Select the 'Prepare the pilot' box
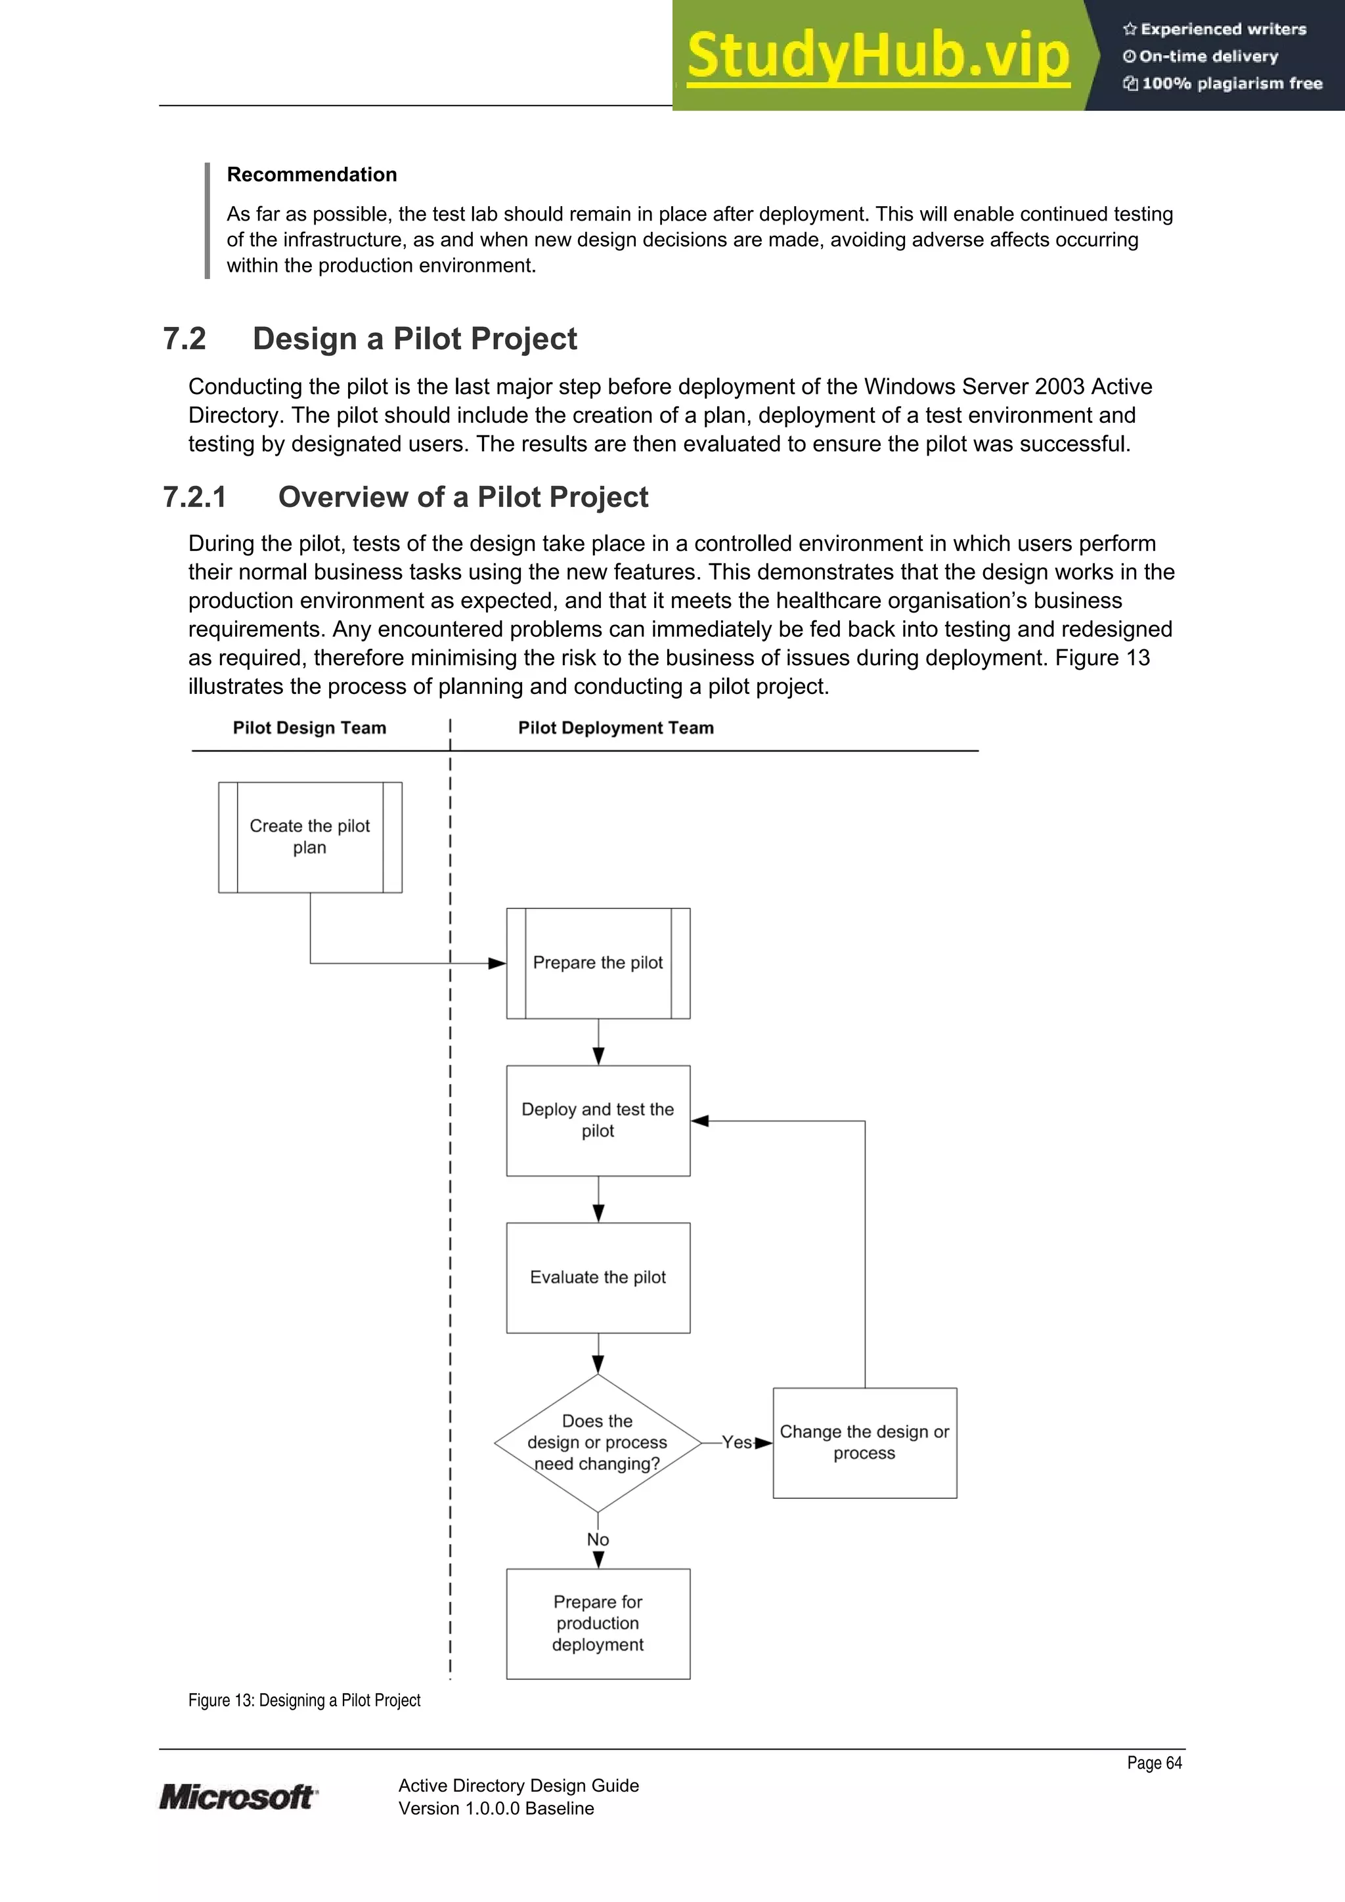[x=598, y=962]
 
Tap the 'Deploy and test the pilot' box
[x=598, y=1120]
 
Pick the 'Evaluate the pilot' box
[x=598, y=1278]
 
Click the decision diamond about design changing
[x=598, y=1442]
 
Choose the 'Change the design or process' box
[x=864, y=1442]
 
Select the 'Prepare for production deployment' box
[x=598, y=1623]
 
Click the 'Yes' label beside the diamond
[x=736, y=1442]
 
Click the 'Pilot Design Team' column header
[x=309, y=727]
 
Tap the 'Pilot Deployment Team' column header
[x=616, y=727]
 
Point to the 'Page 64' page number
[x=1154, y=1763]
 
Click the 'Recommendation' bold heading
[x=311, y=174]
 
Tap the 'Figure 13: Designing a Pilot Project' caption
[x=304, y=1700]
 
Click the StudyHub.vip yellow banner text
[x=877, y=56]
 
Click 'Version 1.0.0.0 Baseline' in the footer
[x=496, y=1808]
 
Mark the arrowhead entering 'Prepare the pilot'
[x=497, y=963]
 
